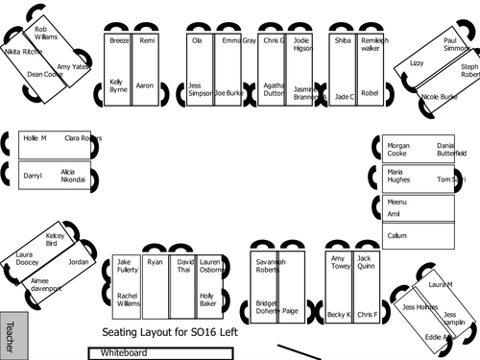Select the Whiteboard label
(x=125, y=353)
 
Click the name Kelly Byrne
(x=117, y=85)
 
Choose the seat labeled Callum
(x=396, y=235)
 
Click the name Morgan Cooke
(x=397, y=149)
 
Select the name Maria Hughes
(x=397, y=176)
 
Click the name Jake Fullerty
(x=127, y=265)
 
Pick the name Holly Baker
(x=208, y=300)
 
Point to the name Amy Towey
(x=341, y=262)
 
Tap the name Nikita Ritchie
(x=22, y=52)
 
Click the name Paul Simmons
(x=456, y=44)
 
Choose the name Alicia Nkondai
(x=73, y=176)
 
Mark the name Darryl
(x=33, y=177)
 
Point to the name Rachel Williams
(x=128, y=300)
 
